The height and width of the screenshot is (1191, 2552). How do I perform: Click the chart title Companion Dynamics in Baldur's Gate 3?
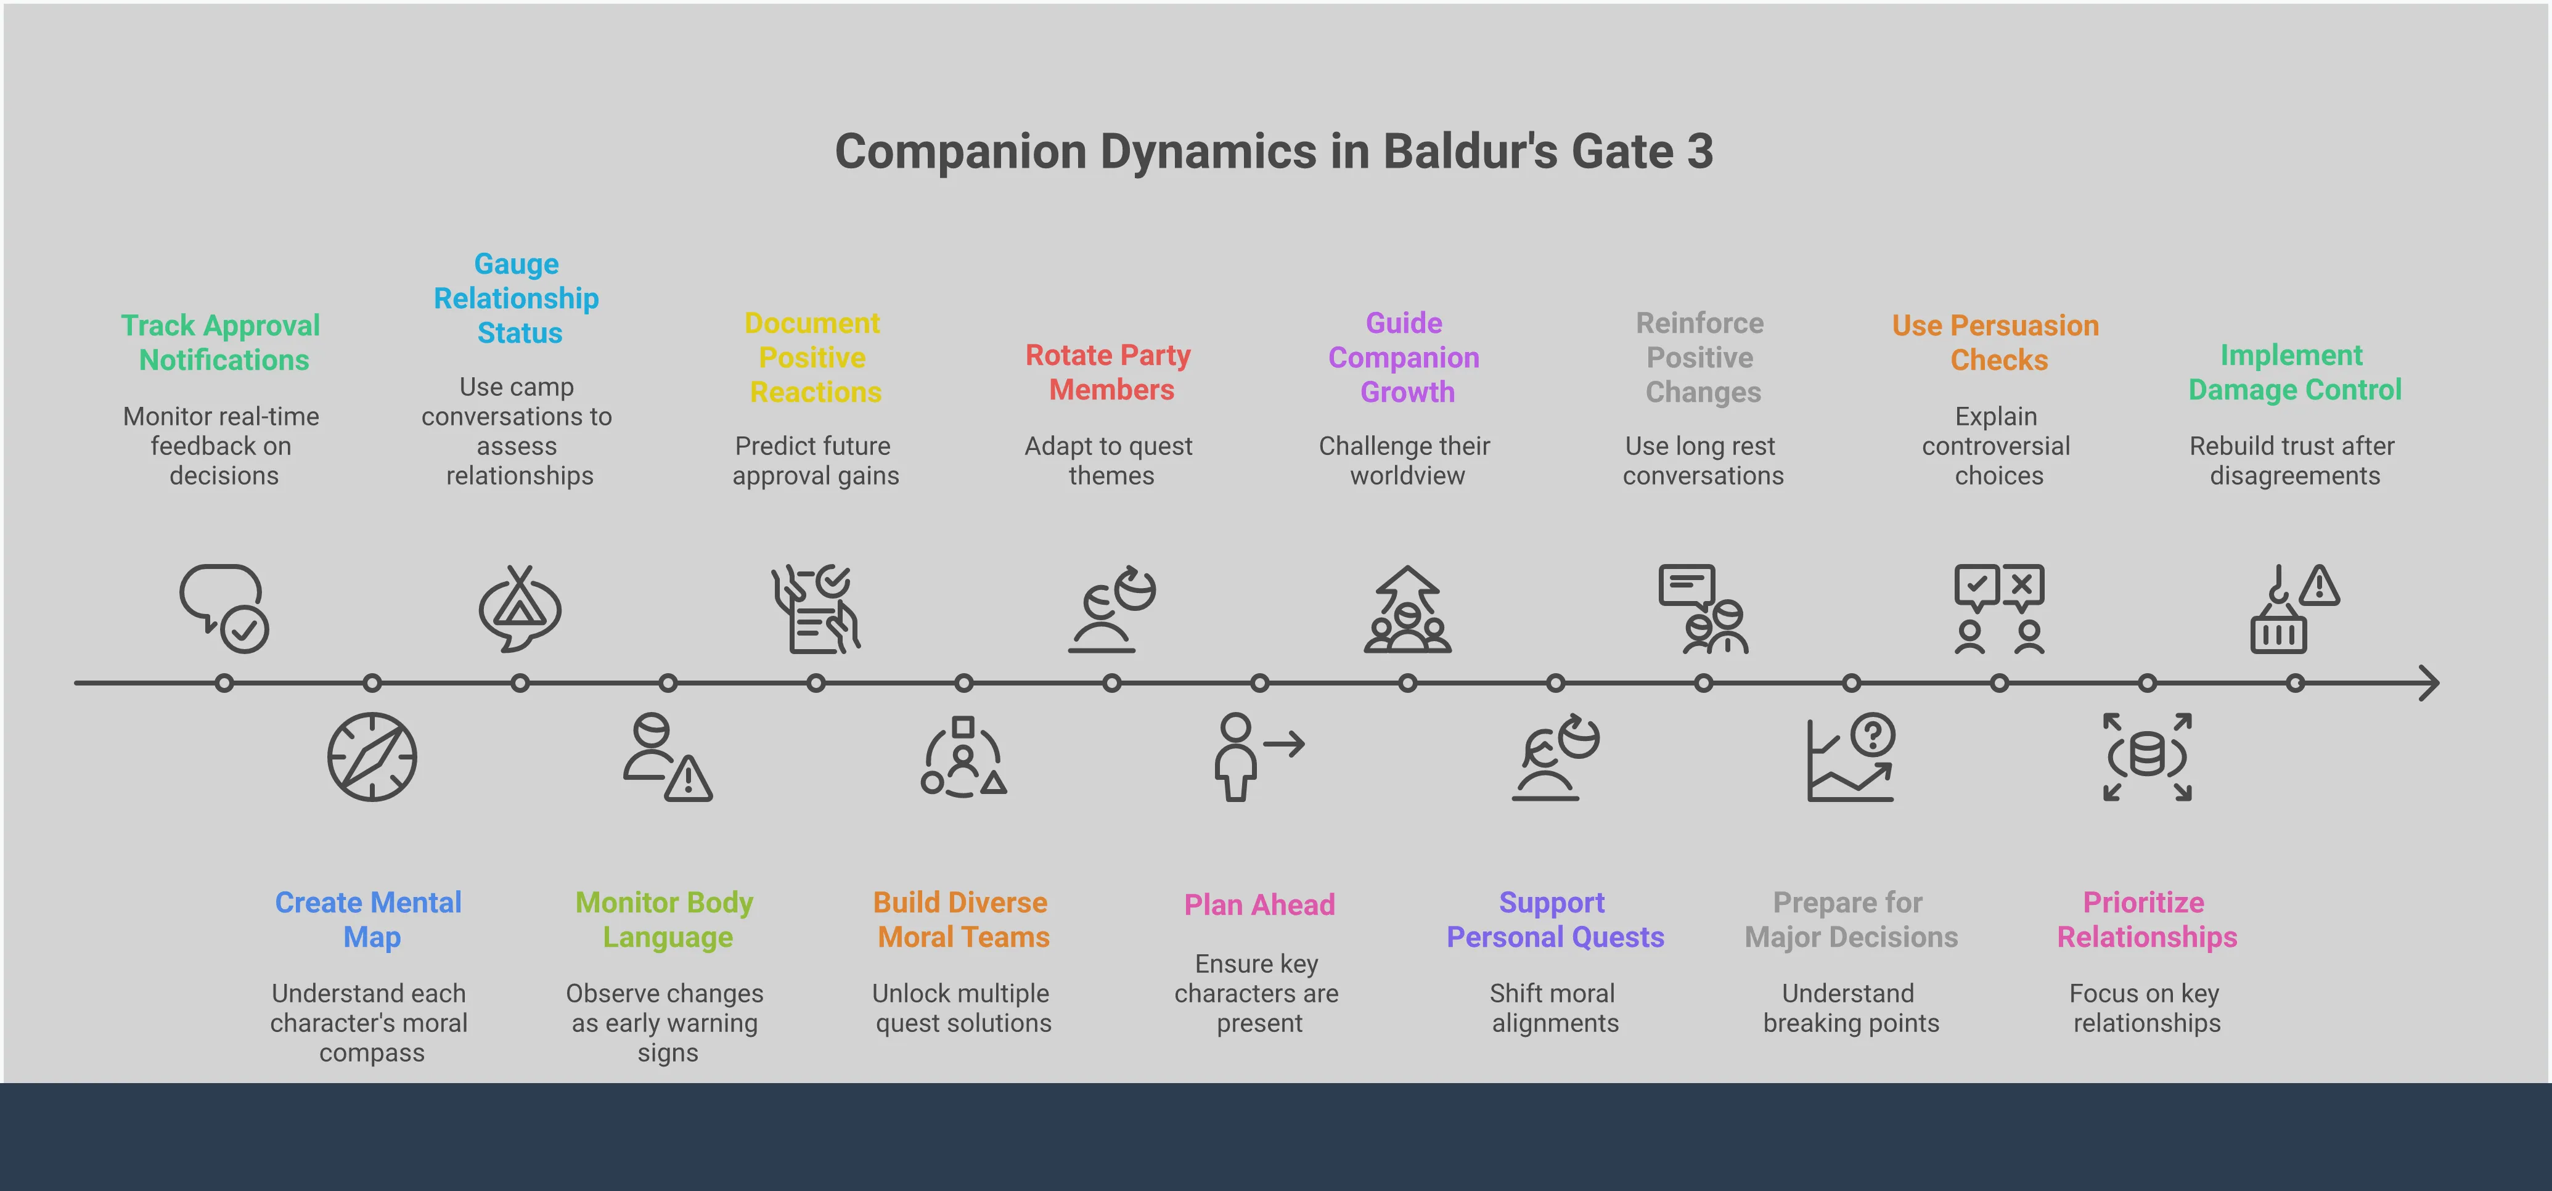point(1274,152)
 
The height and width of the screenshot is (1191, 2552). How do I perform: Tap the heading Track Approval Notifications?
point(221,343)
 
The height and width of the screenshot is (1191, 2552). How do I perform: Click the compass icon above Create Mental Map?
point(372,757)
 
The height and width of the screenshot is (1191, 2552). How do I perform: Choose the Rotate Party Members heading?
point(1108,372)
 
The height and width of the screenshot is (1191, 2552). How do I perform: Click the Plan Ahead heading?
point(1259,904)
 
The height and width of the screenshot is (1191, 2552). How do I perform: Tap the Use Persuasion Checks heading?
point(1996,343)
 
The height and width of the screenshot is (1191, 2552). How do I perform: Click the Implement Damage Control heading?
point(2294,372)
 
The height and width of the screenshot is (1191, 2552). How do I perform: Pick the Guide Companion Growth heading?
point(1405,358)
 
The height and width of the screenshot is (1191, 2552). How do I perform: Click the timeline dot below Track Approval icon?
point(224,682)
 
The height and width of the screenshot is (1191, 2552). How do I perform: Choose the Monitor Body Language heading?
point(665,920)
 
